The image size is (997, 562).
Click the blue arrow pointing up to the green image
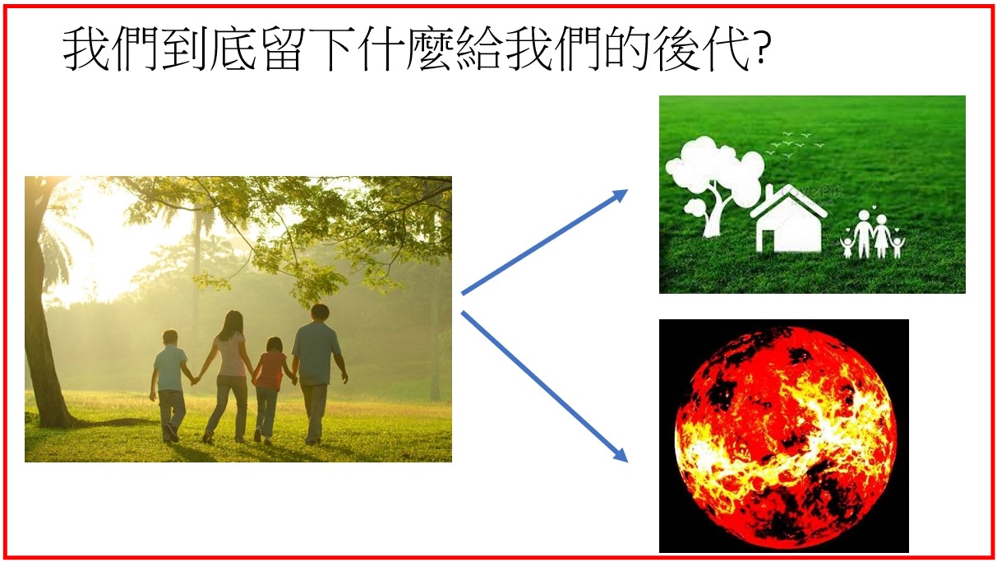click(x=544, y=242)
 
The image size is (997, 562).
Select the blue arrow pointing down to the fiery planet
click(x=544, y=387)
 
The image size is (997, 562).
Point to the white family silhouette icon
click(x=872, y=235)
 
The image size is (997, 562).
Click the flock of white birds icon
click(x=795, y=143)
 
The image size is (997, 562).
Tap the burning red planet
click(x=785, y=438)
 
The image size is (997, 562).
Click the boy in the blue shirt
click(x=169, y=386)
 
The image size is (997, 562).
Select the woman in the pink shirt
click(x=228, y=377)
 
